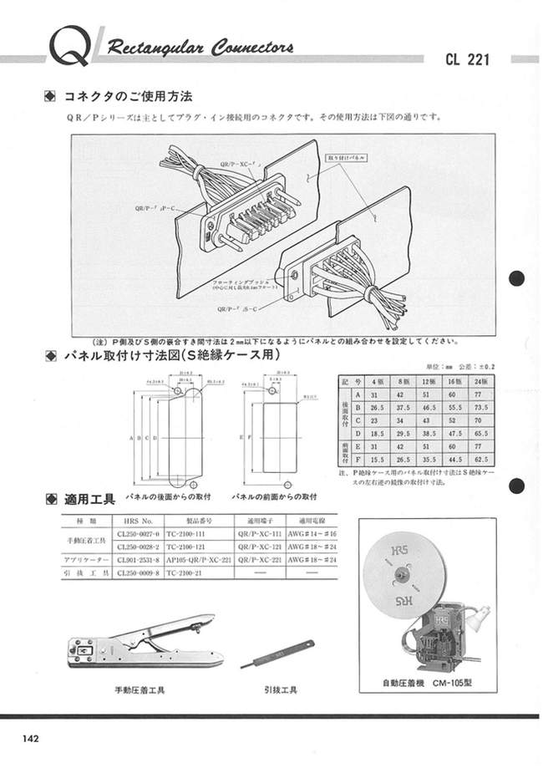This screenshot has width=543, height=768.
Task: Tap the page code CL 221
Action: pyautogui.click(x=468, y=59)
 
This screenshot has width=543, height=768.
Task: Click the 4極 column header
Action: pyautogui.click(x=378, y=380)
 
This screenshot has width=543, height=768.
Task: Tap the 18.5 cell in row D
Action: pyautogui.click(x=378, y=434)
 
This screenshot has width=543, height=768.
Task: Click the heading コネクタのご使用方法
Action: pyautogui.click(x=127, y=97)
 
